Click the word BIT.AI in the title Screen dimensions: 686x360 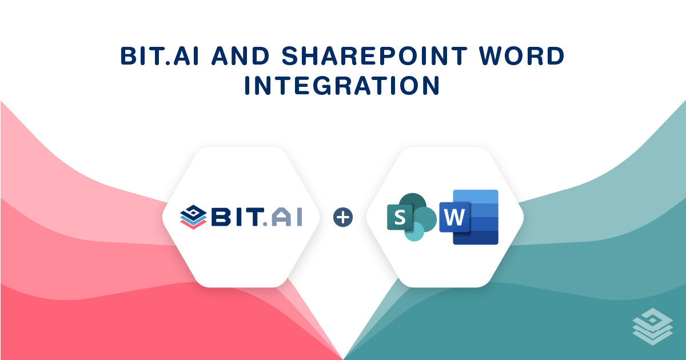(x=159, y=56)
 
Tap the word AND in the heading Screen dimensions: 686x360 (x=241, y=56)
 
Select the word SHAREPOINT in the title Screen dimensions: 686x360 (x=374, y=56)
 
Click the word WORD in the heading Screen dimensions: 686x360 (x=522, y=56)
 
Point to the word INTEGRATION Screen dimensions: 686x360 (x=342, y=85)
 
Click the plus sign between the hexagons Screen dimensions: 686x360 (x=342, y=217)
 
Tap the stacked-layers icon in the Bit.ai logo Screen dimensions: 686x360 (x=193, y=217)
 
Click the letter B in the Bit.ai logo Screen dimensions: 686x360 (x=222, y=217)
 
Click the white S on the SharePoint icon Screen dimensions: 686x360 (x=400, y=217)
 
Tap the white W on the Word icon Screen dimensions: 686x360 (x=454, y=217)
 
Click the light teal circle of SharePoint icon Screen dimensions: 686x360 (x=414, y=233)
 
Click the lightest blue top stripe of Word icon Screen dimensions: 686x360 (x=476, y=197)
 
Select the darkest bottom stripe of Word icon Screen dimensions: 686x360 (x=476, y=238)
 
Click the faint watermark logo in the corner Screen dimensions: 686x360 (x=653, y=326)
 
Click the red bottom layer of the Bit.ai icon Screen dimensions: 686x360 (x=193, y=225)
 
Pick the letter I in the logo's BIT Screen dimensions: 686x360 (x=238, y=217)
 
